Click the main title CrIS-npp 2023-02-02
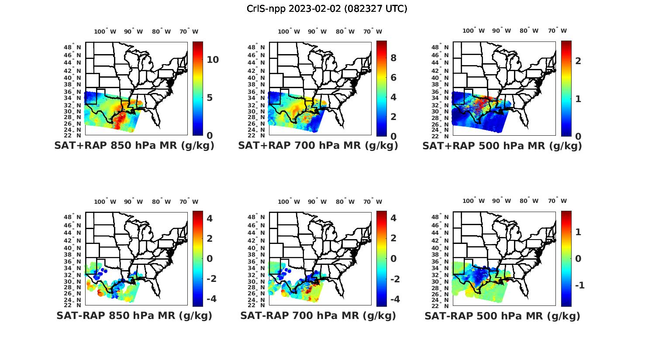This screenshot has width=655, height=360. (x=327, y=9)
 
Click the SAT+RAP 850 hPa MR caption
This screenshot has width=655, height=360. (x=134, y=146)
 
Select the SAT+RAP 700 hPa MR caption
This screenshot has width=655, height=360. (x=318, y=146)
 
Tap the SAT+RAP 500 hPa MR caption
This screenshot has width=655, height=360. (x=502, y=146)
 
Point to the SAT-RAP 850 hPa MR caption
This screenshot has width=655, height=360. (x=134, y=315)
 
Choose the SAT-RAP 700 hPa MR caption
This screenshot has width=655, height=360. (x=318, y=315)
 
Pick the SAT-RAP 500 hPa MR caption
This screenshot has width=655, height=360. (x=502, y=315)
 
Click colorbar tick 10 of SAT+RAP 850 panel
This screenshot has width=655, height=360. (x=213, y=60)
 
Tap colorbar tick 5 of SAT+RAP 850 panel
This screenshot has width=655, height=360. (x=210, y=97)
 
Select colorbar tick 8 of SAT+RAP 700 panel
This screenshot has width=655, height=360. (x=393, y=58)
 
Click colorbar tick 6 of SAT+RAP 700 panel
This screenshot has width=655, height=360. (x=393, y=77)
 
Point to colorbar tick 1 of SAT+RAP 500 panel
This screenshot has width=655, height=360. (x=578, y=99)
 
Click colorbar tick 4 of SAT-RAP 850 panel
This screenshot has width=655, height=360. (x=210, y=218)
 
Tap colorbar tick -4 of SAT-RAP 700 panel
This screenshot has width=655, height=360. (x=394, y=299)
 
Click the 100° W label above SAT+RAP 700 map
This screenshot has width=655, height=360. (x=289, y=31)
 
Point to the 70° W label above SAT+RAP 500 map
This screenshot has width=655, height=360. (x=557, y=31)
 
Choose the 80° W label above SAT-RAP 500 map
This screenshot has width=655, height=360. (x=529, y=201)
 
